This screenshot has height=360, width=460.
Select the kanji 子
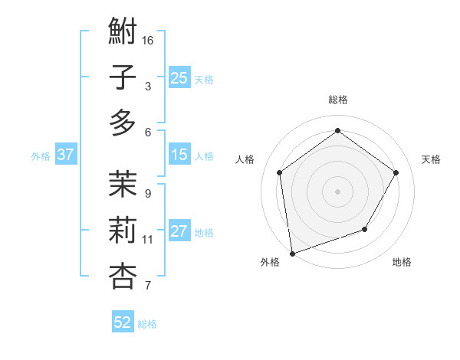click(x=123, y=78)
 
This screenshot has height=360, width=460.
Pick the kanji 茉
click(x=123, y=184)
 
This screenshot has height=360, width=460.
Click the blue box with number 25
click(x=179, y=77)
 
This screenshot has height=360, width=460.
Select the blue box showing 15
click(x=179, y=155)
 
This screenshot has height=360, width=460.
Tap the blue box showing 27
click(x=179, y=232)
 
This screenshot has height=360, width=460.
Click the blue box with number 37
click(x=66, y=155)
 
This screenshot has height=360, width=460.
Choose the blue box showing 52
click(x=123, y=322)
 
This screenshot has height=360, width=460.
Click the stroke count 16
click(x=149, y=39)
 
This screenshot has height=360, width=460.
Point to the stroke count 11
click(x=148, y=240)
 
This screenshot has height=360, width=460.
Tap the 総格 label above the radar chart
click(x=337, y=100)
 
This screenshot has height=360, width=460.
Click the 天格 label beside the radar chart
click(x=431, y=159)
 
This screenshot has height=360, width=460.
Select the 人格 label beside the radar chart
click(x=245, y=159)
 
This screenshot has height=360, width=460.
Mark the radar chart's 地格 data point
click(x=365, y=229)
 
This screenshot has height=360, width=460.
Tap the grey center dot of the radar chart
click(x=337, y=191)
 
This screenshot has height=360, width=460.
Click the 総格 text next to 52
click(x=147, y=324)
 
